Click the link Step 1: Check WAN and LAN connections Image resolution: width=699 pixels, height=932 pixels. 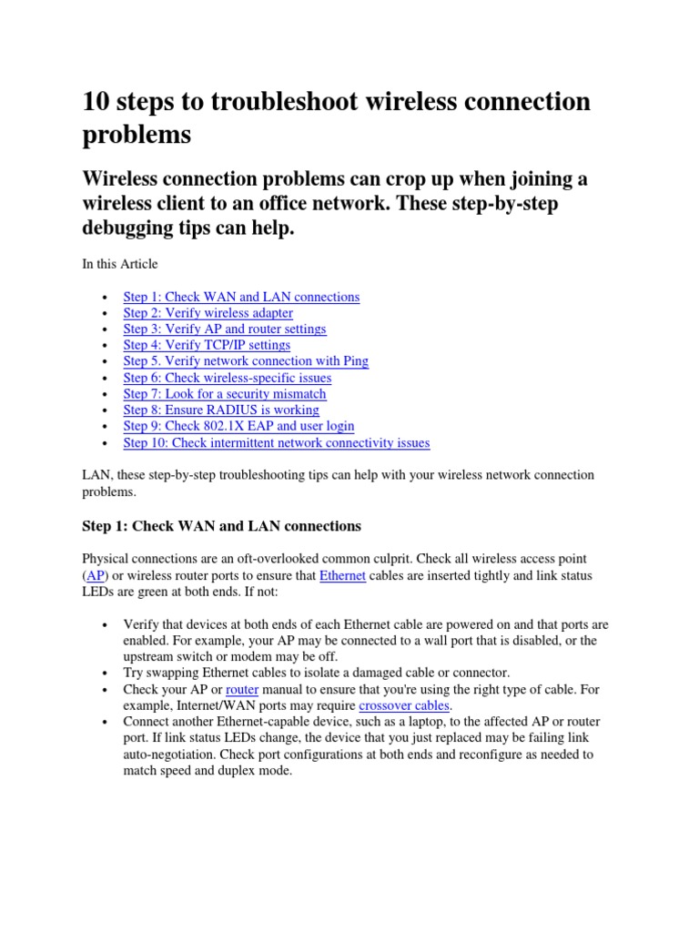click(241, 297)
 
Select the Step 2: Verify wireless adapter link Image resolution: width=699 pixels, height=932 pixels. click(208, 313)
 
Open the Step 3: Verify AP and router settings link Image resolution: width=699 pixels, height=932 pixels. click(224, 329)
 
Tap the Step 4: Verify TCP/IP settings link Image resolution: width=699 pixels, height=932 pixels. click(207, 345)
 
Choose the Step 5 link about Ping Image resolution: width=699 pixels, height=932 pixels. click(246, 361)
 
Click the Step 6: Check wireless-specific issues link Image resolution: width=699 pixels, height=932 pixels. click(227, 378)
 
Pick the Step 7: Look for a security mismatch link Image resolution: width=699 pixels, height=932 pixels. click(224, 394)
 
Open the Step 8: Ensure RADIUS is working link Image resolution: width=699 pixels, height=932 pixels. click(220, 410)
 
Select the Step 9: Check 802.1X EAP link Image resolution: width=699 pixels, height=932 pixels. click(238, 426)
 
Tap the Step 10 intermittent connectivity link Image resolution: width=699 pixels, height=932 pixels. click(276, 443)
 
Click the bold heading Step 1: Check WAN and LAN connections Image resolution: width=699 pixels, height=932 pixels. click(221, 526)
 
